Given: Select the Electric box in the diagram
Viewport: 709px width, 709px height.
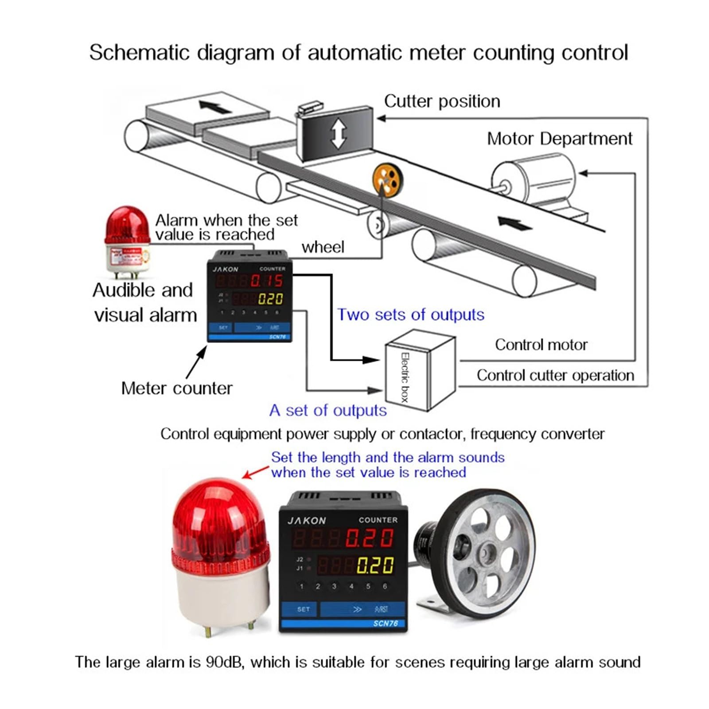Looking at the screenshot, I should (x=419, y=370).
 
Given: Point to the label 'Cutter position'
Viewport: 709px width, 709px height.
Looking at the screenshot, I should (x=442, y=101).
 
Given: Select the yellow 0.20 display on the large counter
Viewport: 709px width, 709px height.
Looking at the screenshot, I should (x=375, y=565).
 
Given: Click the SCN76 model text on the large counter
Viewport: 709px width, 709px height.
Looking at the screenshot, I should (x=385, y=623).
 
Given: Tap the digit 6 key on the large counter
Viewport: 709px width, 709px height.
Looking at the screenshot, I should (x=385, y=586).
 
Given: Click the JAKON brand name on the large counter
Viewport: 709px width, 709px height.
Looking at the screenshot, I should (x=307, y=520).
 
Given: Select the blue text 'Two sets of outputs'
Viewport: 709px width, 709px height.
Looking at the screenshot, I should (x=410, y=315).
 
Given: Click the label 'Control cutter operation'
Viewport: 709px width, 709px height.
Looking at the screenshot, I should (x=555, y=375).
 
